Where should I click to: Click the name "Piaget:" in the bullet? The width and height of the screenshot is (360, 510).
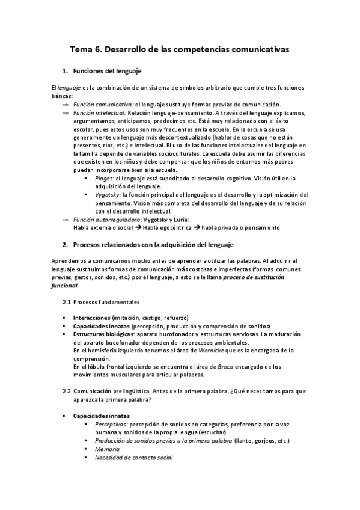pyautogui.click(x=103, y=179)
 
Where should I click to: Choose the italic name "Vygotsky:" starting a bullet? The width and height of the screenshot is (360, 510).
pyautogui.click(x=107, y=195)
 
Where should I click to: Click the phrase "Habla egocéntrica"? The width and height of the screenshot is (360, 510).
pyautogui.click(x=167, y=227)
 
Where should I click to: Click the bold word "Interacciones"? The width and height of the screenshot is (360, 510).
pyautogui.click(x=91, y=317)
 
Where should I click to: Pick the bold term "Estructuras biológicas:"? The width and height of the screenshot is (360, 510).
pyautogui.click(x=104, y=333)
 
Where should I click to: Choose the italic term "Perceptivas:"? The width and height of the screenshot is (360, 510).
pyautogui.click(x=111, y=424)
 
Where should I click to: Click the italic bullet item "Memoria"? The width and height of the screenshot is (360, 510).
pyautogui.click(x=107, y=449)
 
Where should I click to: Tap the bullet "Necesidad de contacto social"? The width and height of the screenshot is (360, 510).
pyautogui.click(x=133, y=458)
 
